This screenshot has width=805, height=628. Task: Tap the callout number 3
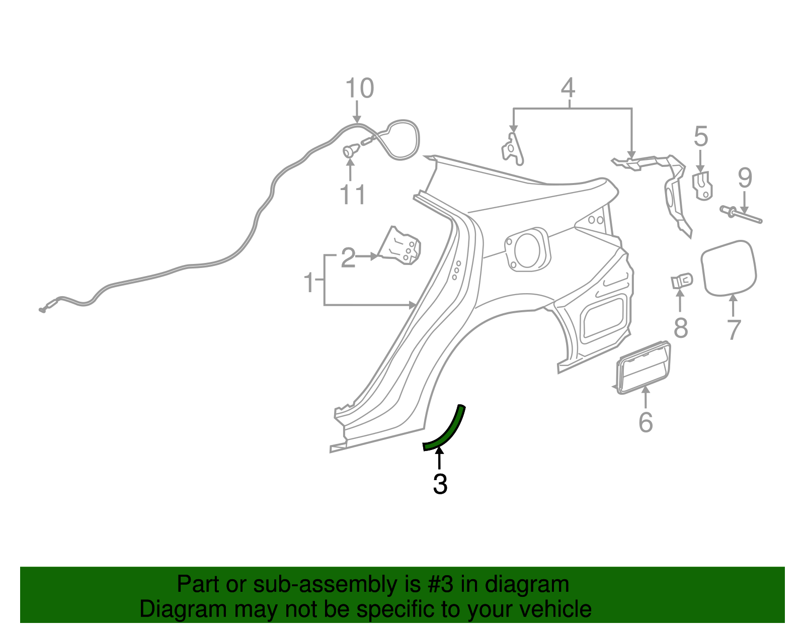point(440,484)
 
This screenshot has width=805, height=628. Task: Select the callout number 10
point(359,88)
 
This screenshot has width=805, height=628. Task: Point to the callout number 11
point(352,195)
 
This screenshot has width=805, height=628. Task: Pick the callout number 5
point(701,137)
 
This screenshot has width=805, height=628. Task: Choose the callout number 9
point(745,178)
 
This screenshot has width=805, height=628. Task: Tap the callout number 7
point(734,330)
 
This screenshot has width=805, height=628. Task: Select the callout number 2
point(348,258)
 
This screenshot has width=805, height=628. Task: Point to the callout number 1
point(309,283)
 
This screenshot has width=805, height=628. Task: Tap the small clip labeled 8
point(682,281)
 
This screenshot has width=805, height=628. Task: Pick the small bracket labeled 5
point(703,185)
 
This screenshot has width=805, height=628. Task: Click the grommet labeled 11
point(351,150)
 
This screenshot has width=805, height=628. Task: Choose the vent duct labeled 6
point(643,367)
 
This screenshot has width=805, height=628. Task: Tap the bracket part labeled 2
point(401,246)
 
